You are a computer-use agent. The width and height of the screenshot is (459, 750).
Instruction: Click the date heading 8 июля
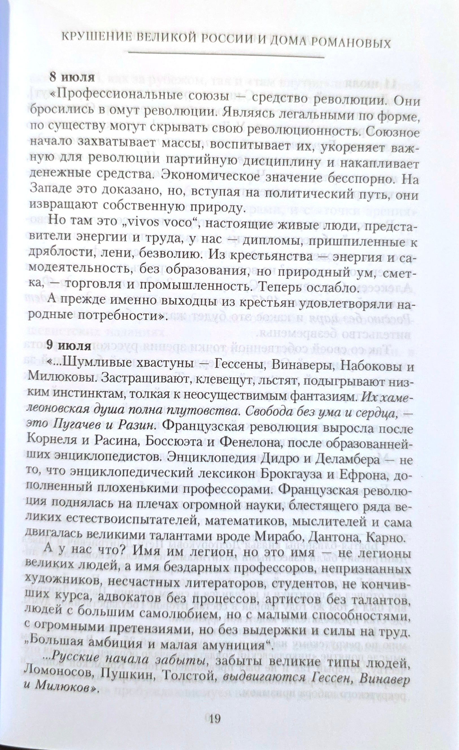point(72,78)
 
